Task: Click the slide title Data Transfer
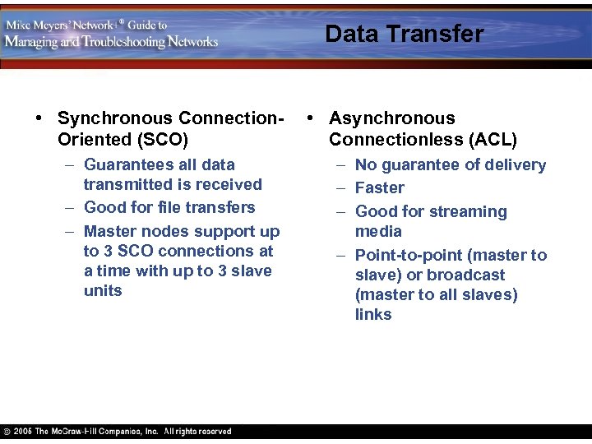coord(405,34)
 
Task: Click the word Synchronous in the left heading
coord(116,118)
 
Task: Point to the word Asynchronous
coord(391,118)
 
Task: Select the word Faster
coord(380,187)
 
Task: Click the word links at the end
coord(373,314)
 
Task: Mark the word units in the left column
coord(103,290)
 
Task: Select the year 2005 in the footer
coord(24,432)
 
